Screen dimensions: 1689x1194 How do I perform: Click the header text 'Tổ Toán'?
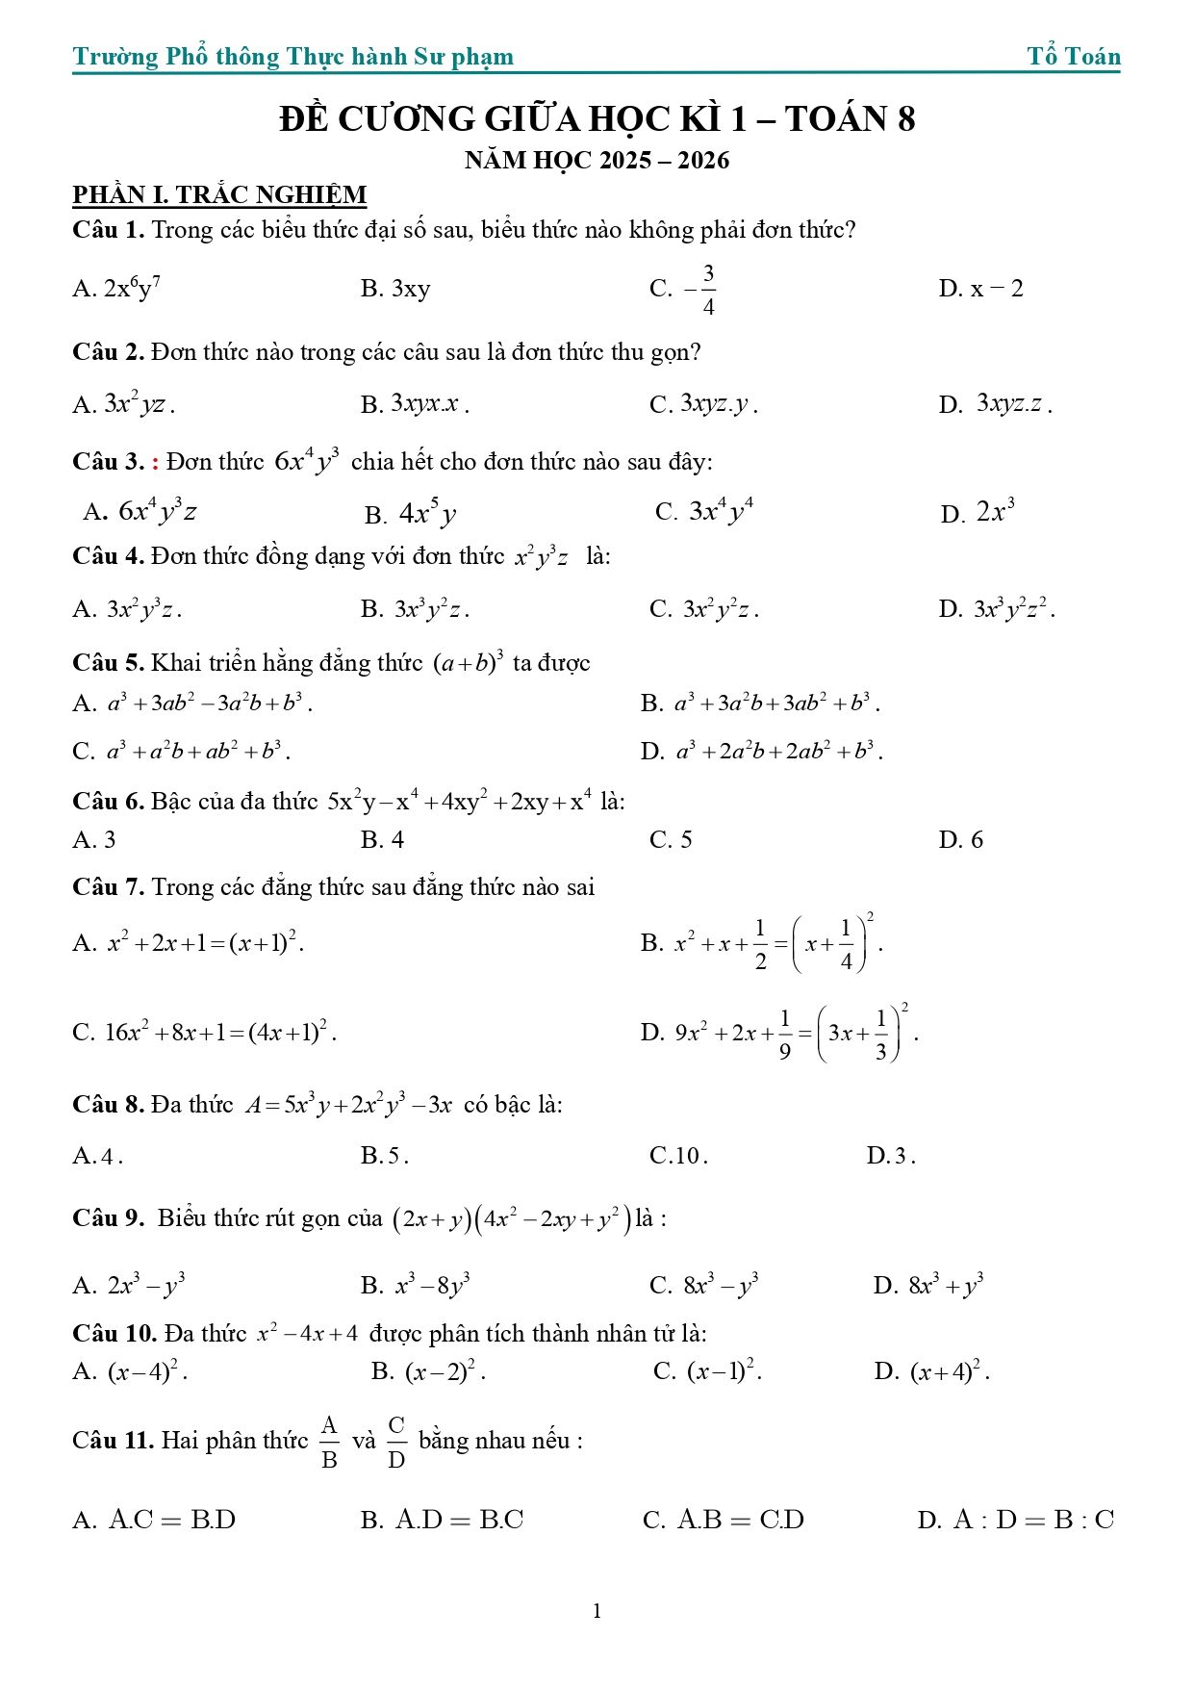[1073, 57]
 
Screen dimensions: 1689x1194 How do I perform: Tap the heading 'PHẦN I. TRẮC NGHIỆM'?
[219, 195]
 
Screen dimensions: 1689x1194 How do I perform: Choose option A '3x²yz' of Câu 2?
[124, 404]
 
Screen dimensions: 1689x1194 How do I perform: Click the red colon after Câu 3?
[156, 463]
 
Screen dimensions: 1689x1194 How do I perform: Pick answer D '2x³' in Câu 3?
[978, 512]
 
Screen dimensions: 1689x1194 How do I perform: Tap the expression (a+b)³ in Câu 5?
[469, 663]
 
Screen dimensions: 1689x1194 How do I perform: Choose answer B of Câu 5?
[760, 704]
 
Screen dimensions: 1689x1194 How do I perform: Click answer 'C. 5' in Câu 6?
[671, 840]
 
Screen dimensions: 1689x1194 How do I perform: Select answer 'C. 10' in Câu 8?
[678, 1156]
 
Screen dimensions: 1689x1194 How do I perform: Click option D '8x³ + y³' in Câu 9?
[928, 1286]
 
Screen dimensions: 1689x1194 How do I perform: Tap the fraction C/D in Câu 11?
[396, 1442]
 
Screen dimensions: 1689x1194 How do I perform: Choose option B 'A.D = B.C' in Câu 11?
[443, 1521]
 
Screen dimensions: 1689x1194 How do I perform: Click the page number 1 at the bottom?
[597, 1611]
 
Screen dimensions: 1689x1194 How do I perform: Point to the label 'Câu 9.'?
[109, 1218]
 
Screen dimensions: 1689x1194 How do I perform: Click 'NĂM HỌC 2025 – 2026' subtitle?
[597, 161]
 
